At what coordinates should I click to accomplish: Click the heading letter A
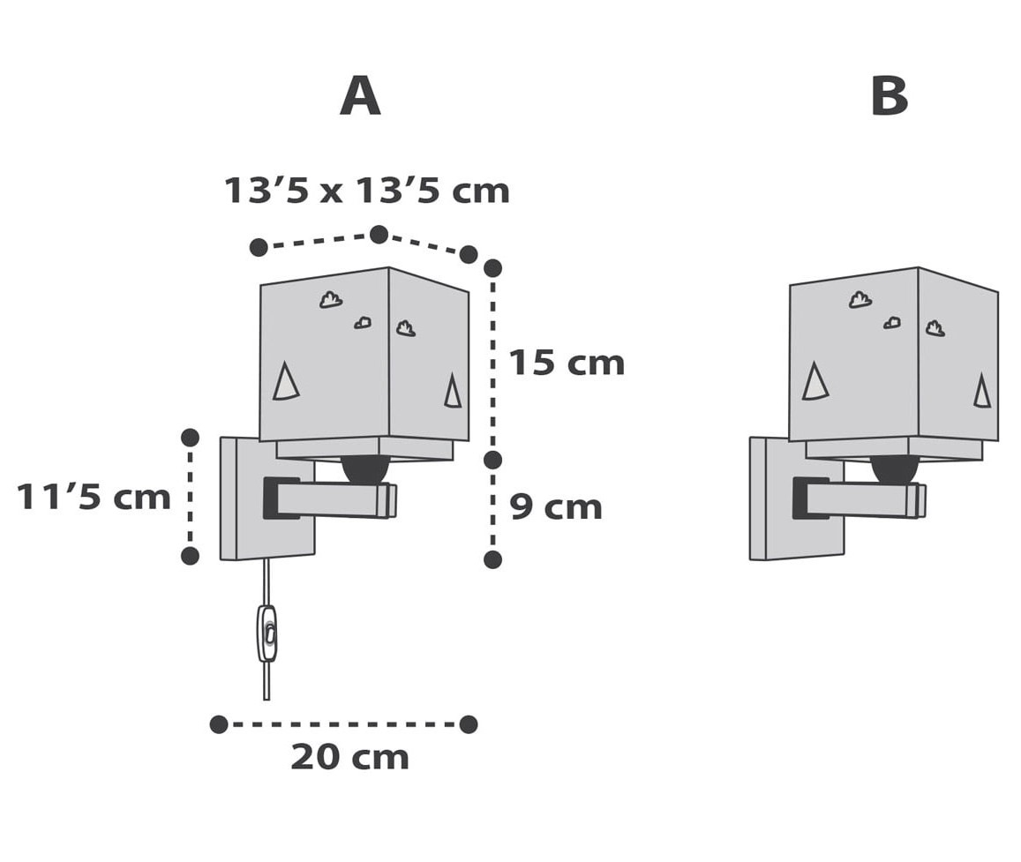point(360,96)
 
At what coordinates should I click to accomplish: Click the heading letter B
point(890,96)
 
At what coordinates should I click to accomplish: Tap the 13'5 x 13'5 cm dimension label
point(366,191)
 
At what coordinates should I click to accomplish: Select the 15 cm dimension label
point(567,363)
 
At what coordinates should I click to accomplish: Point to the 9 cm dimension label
point(556,507)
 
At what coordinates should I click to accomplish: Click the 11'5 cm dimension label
point(94,498)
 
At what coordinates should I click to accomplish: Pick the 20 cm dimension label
point(349,757)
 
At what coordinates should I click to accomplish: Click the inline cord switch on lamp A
point(267,633)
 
